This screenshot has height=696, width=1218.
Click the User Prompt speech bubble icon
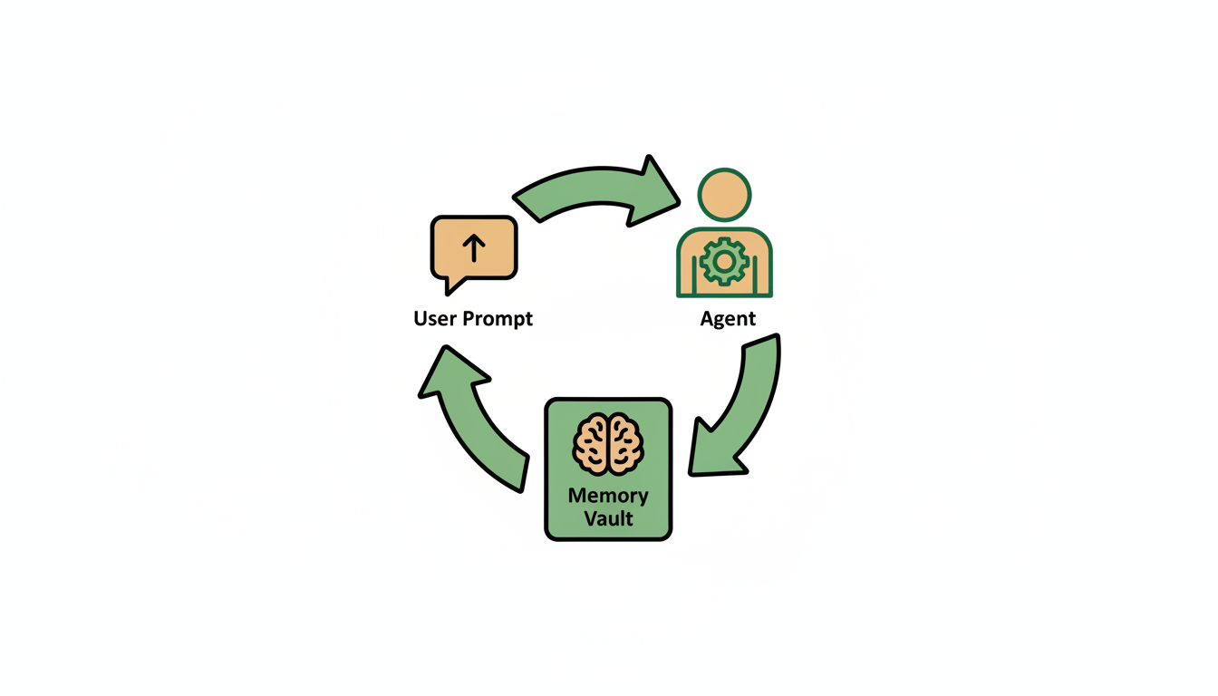click(x=473, y=248)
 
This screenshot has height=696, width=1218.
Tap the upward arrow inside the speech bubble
click(x=473, y=246)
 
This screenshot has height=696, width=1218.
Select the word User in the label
click(x=435, y=319)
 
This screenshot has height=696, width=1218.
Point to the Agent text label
click(x=728, y=319)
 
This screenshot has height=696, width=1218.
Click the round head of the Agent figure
click(x=724, y=195)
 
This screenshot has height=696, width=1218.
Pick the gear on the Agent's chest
click(x=724, y=262)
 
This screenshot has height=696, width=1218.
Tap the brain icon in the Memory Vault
click(x=608, y=444)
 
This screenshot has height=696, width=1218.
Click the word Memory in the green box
click(x=608, y=496)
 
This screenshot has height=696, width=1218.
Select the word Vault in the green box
click(x=608, y=520)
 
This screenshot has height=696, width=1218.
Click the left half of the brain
click(x=592, y=444)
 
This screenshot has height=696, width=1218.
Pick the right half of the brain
click(x=625, y=444)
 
